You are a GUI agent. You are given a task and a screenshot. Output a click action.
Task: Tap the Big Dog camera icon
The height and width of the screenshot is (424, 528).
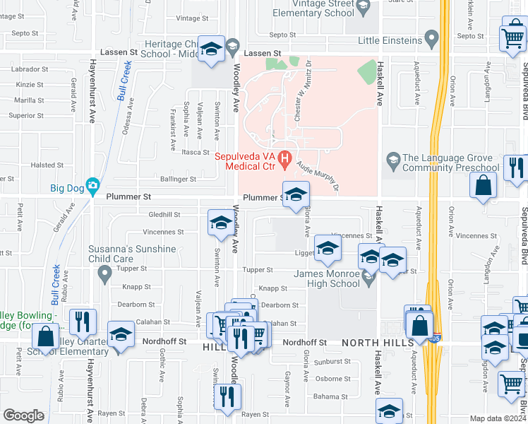tap(92, 187)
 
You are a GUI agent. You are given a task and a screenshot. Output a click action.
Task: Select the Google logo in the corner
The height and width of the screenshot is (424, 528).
tap(23, 416)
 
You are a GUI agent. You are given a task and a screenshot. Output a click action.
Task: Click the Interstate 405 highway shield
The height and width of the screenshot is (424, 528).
tap(437, 337)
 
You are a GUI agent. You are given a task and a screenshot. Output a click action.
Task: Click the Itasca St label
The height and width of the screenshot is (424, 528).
tap(192, 152)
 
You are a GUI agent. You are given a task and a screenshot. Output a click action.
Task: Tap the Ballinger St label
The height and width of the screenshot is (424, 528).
tap(176, 179)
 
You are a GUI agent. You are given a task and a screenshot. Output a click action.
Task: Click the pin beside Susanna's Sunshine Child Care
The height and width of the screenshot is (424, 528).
tap(105, 273)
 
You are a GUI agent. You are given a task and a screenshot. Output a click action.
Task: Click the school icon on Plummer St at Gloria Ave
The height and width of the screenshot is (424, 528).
tap(296, 194)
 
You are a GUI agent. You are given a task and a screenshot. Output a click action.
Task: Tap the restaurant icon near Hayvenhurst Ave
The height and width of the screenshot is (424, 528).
tap(83, 322)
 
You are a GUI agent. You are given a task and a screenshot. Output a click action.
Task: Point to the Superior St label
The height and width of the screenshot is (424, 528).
tap(26, 115)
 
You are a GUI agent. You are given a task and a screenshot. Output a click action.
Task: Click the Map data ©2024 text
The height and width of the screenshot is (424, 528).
tap(498, 418)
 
